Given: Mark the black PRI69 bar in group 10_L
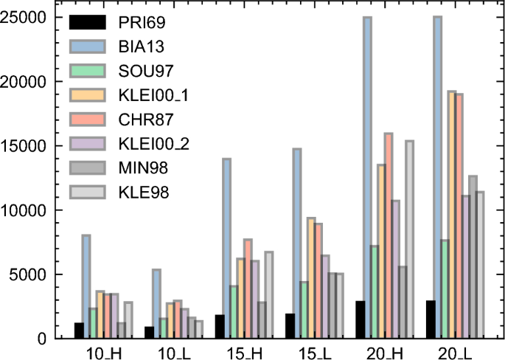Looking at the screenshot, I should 150,332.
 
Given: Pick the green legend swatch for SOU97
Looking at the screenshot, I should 86,72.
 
